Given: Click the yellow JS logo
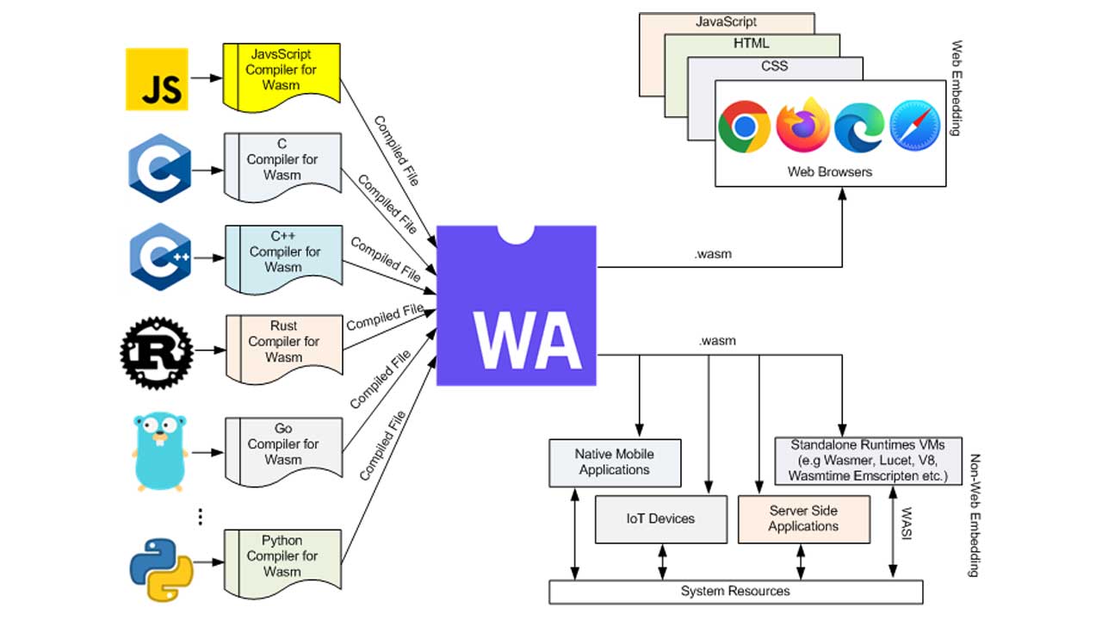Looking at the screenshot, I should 157,78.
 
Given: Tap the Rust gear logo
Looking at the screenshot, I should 153,351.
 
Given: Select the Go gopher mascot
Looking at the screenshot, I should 160,450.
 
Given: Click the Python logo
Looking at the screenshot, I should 161,569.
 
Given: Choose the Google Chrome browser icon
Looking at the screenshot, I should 744,127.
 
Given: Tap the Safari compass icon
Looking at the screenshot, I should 915,127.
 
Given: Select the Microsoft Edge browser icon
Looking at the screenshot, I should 858,127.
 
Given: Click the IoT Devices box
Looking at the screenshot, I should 660,518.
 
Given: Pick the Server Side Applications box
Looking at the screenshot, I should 803,518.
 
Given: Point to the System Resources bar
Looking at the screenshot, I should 735,592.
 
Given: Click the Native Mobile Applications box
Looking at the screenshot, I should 615,462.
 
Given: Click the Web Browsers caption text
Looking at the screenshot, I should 830,171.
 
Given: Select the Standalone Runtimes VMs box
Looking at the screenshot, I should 868,461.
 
